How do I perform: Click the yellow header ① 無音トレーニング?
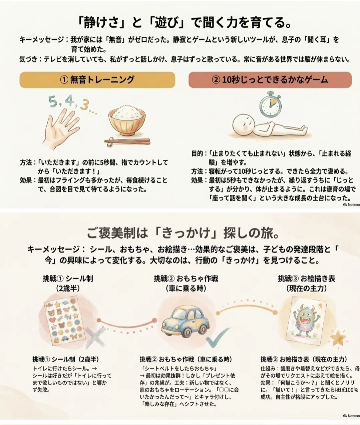(x=97, y=80)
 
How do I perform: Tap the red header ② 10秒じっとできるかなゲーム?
(x=270, y=80)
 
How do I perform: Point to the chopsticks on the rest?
(x=127, y=141)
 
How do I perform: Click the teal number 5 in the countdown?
(x=53, y=102)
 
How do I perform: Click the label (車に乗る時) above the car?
(x=186, y=288)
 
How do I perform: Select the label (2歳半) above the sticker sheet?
(x=68, y=288)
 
